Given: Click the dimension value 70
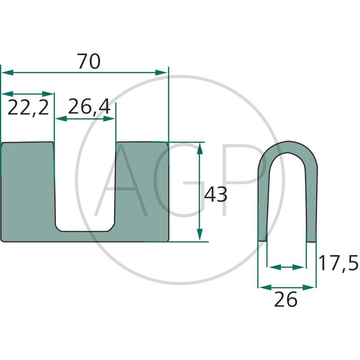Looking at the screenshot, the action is tap(89, 61).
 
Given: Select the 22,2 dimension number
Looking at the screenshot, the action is tap(28, 108).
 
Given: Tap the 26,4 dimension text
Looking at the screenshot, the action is tap(89, 106).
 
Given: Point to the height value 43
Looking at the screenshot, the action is tap(216, 194).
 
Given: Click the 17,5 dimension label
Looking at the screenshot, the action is tap(338, 263).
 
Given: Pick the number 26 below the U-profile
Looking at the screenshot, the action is tap(286, 299).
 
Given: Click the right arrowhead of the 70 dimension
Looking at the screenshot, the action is tap(161, 73).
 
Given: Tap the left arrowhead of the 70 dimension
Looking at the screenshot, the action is tap(7, 73).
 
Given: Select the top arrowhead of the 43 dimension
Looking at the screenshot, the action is tap(200, 148).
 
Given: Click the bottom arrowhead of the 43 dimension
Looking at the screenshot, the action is tap(200, 234).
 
